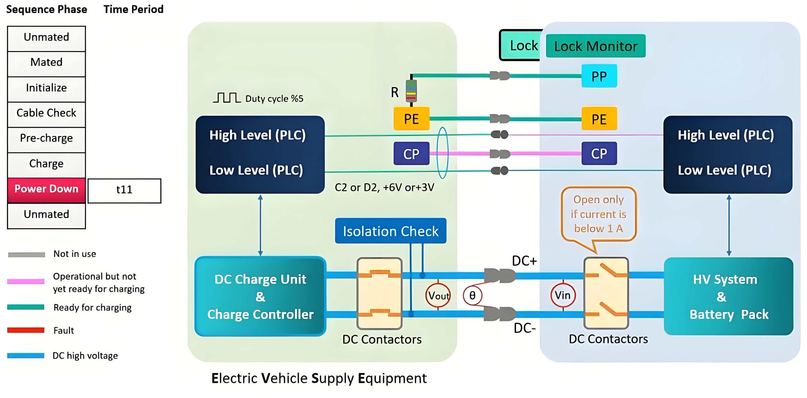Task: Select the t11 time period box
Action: (124, 190)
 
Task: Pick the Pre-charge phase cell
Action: (46, 138)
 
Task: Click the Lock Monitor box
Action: (596, 46)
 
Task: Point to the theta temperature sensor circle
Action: (472, 295)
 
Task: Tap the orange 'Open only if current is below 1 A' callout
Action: (598, 214)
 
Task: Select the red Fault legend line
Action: (26, 330)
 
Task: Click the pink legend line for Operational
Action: (26, 281)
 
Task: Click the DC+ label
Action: (524, 261)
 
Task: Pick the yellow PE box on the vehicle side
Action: (599, 119)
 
